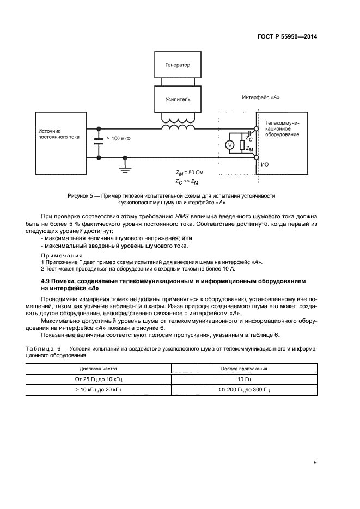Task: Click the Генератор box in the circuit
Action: [x=178, y=65]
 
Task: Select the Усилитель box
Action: [x=178, y=100]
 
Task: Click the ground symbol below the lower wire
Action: [x=125, y=167]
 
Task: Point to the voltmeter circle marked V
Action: [x=229, y=145]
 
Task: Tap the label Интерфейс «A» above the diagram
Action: [x=261, y=97]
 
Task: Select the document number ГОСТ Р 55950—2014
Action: [x=288, y=37]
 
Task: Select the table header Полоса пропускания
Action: [x=244, y=369]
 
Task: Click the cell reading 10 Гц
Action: [x=244, y=379]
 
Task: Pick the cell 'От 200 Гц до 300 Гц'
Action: [x=244, y=390]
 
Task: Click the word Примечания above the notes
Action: [x=62, y=255]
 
